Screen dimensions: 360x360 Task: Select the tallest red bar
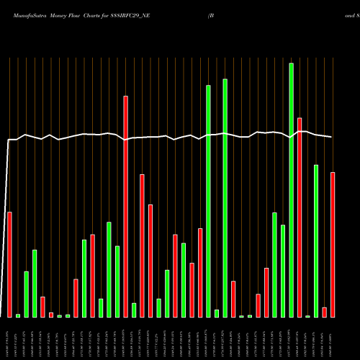coord(125,206)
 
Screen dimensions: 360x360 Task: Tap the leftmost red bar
coord(9,264)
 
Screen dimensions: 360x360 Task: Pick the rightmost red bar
coord(333,245)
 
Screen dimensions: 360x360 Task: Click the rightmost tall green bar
coord(316,240)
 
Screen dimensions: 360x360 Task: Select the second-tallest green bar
coord(225,198)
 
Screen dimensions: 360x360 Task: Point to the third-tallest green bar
coord(208,201)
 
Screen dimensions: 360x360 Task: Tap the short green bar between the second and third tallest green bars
coord(217,313)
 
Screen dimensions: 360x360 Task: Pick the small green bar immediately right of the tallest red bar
coord(134,310)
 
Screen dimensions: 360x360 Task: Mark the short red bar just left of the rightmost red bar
coord(324,312)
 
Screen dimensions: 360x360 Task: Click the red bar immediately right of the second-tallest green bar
coord(233,299)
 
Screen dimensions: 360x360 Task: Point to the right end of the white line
coord(332,137)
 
